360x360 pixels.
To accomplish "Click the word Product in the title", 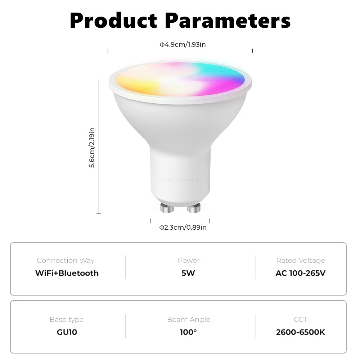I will (114, 21).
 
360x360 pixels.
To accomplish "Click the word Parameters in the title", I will (228, 21).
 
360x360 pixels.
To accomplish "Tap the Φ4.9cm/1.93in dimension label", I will (183, 44).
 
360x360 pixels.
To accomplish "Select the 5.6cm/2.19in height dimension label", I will (92, 147).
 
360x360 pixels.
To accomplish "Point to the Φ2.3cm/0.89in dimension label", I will (183, 227).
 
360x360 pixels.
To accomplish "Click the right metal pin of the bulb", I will (194, 208).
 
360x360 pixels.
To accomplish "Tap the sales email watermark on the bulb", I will (180, 180).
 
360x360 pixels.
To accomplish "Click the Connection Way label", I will (66, 260).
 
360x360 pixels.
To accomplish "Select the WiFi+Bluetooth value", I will (67, 273).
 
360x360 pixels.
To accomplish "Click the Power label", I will (188, 260).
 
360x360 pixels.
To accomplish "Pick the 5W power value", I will (188, 273).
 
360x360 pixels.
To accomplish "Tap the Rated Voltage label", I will (301, 260).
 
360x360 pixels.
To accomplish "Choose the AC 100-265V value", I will (301, 273).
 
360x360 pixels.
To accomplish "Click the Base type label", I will (67, 319).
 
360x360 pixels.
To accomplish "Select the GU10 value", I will (67, 332).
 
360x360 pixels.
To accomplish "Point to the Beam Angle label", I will (188, 319).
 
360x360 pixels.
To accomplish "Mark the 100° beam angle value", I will (188, 332).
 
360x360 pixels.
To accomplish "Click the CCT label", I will (301, 319).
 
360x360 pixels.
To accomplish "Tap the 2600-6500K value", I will (301, 332).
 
